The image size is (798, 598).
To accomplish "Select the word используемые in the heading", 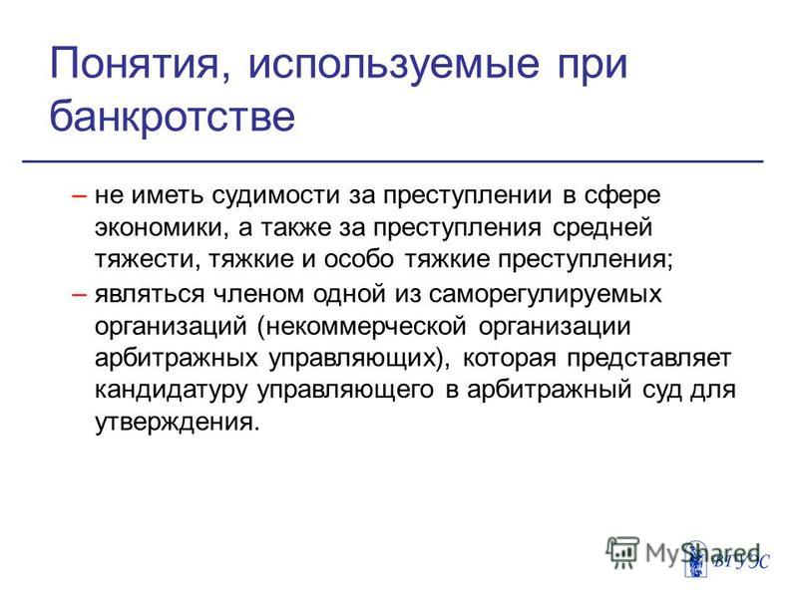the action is click(393, 65).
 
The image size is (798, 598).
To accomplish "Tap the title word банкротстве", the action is click(172, 115).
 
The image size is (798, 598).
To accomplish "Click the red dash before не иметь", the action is click(80, 195).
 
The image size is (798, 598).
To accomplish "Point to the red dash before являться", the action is click(80, 294).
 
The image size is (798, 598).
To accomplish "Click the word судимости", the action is click(275, 196).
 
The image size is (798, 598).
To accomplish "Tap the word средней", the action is click(602, 226).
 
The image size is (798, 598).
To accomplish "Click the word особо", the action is click(359, 258).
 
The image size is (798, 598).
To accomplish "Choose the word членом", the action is click(258, 294).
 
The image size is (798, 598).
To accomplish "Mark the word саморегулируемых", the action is click(545, 295).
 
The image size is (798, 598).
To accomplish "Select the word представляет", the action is click(649, 359).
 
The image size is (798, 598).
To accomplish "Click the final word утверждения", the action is click(175, 422).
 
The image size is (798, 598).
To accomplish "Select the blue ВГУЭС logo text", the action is click(741, 562).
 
